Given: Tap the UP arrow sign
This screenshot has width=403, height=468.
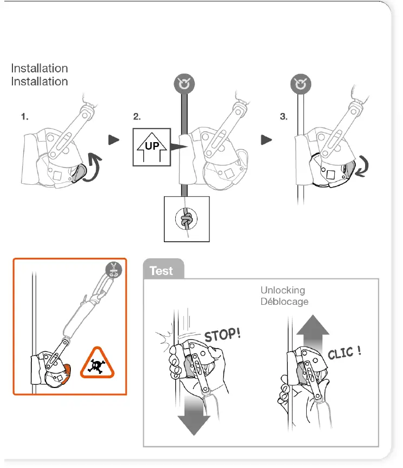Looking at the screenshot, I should point(151,146).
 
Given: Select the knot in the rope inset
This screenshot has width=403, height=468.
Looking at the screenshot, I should point(186,220).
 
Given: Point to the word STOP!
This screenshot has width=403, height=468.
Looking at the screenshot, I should point(221,336).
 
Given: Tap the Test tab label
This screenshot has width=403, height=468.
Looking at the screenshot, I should point(161,271).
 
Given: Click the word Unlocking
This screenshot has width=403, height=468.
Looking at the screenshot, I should point(282,291).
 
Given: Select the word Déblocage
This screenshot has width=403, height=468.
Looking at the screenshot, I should point(285,301).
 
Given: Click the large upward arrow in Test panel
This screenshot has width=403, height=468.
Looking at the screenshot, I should point(312,333).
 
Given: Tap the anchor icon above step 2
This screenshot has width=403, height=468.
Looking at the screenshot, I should point(185,84).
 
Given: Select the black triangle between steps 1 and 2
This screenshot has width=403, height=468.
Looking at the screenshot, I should point(113,140).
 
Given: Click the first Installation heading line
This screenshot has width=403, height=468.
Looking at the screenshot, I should point(39,69).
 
